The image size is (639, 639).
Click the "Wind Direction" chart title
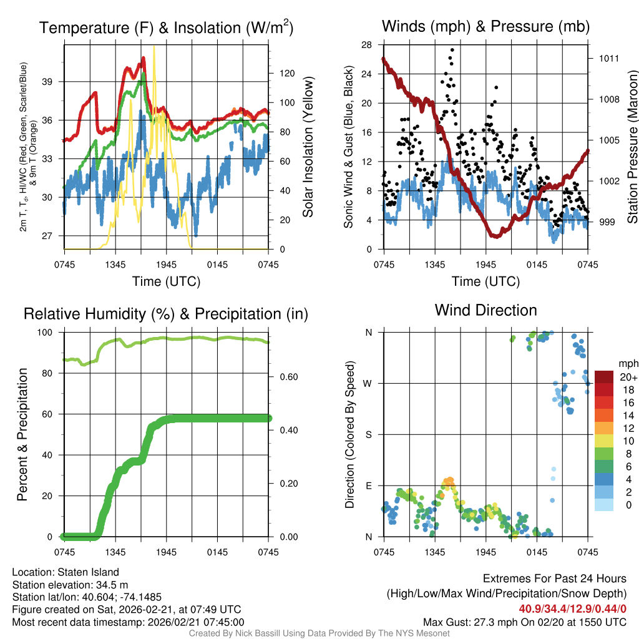pyautogui.click(x=485, y=310)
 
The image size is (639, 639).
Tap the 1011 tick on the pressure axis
pyautogui.click(x=608, y=58)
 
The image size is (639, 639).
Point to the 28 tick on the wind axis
pyautogui.click(x=366, y=45)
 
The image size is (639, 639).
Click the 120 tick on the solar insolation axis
pyautogui.click(x=286, y=73)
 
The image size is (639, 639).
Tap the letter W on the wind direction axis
pyautogui.click(x=368, y=383)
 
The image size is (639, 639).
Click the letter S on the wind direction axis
pyautogui.click(x=368, y=434)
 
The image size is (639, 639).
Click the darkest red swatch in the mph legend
pyautogui.click(x=604, y=377)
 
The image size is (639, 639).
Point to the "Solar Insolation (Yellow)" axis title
pyautogui.click(x=308, y=147)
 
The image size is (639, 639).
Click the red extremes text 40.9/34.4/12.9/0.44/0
pyautogui.click(x=572, y=608)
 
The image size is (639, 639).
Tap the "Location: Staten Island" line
pyautogui.click(x=66, y=572)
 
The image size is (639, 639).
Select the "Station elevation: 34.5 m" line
pyautogui.click(x=70, y=584)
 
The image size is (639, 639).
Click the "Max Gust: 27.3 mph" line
pyautogui.click(x=524, y=622)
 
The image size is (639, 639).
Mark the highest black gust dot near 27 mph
pyautogui.click(x=452, y=50)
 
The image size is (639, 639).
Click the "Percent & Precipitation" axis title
pyautogui.click(x=22, y=434)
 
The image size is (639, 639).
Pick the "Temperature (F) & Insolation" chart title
pyautogui.click(x=166, y=28)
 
